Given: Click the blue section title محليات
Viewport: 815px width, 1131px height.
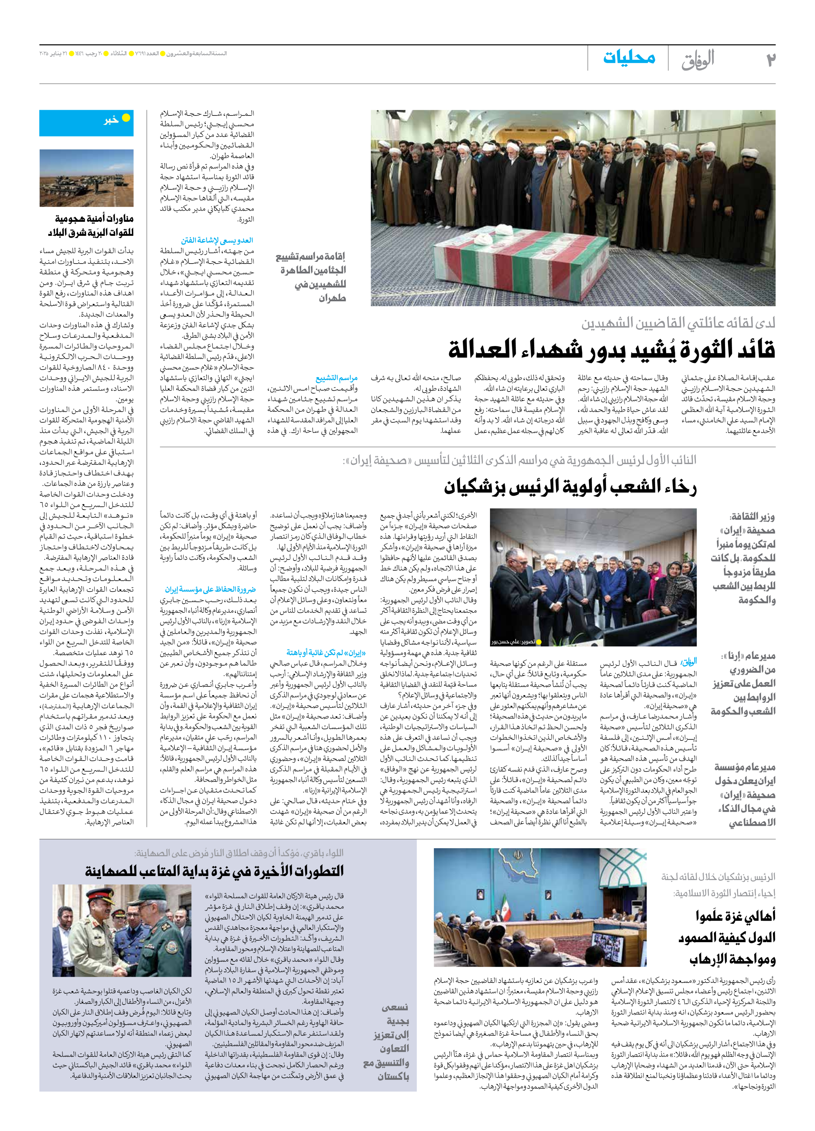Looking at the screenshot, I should (x=629, y=58).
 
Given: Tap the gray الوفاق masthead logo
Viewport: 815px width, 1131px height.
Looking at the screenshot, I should (x=698, y=59).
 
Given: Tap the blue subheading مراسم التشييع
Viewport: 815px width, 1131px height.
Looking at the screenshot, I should (x=336, y=378).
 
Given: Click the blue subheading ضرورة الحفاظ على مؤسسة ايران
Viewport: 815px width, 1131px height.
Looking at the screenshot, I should (x=210, y=589).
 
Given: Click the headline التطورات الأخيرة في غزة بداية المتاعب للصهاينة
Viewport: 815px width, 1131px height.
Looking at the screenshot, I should (x=214, y=871).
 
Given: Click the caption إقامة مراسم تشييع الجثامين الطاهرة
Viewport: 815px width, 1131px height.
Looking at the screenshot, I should (x=312, y=277).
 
